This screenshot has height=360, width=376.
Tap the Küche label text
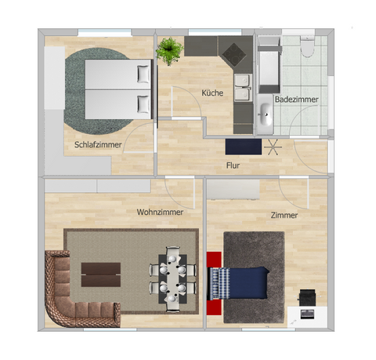point(212,93)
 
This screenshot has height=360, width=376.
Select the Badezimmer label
point(296,99)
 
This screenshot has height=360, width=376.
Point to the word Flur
point(233,165)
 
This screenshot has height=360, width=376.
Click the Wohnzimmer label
point(160,212)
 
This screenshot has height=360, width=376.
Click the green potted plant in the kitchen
point(169,51)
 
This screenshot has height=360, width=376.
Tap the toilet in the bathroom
point(307,48)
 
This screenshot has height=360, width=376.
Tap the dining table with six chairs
point(172,277)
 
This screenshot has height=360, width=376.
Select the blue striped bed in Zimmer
point(239,282)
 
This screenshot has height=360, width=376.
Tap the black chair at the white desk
point(307,296)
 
